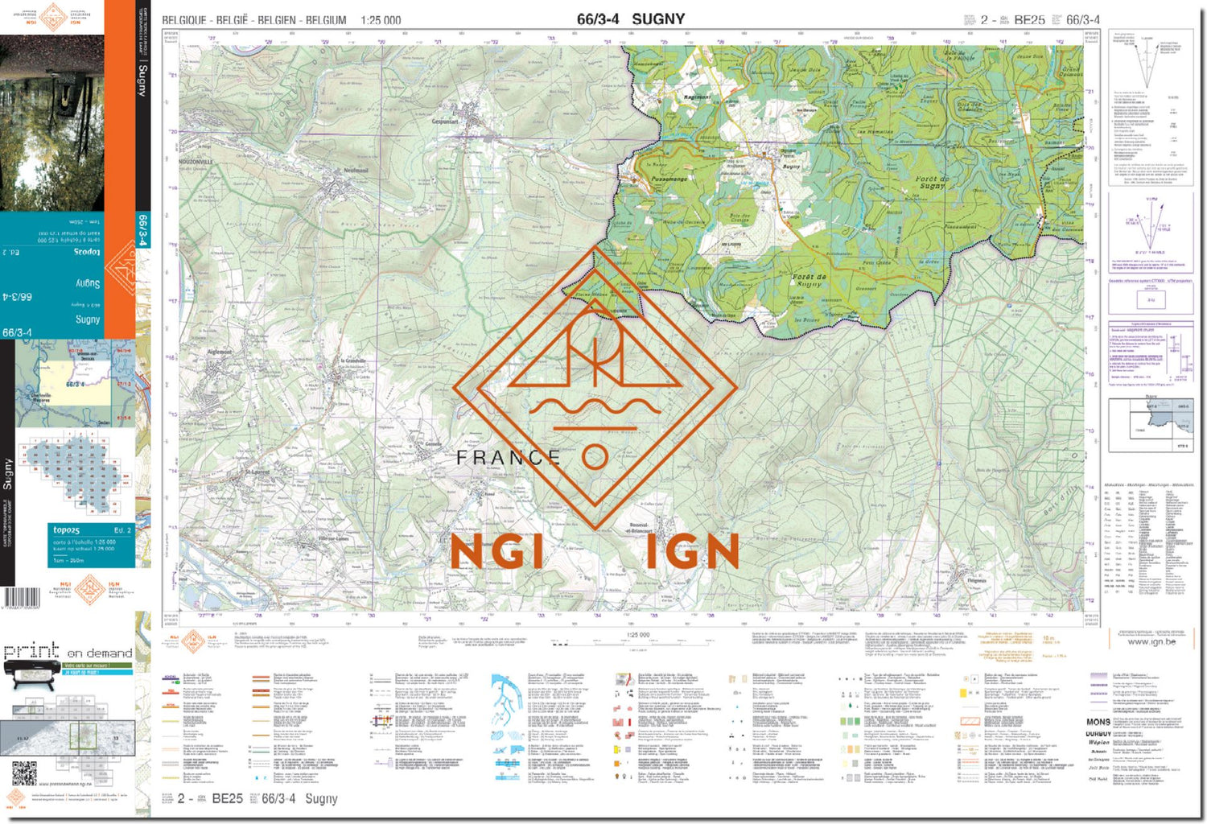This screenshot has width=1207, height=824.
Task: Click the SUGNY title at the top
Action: (657, 19)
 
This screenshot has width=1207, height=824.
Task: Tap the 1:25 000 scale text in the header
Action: (381, 20)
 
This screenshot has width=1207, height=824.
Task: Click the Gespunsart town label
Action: (444, 122)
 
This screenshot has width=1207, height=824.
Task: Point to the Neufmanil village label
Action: (355, 171)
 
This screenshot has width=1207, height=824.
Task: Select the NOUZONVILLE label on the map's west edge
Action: (196, 161)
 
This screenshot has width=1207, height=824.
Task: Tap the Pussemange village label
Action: (669, 179)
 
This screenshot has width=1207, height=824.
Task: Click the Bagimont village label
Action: (697, 97)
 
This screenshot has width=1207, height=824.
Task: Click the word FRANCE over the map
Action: (508, 458)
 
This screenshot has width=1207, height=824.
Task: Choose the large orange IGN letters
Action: (693, 552)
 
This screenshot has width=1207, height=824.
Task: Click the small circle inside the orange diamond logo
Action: (594, 457)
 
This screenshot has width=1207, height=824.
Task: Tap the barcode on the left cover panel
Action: (22, 598)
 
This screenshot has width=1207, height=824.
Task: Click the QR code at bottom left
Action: (24, 773)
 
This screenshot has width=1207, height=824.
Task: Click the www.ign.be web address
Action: (1151, 641)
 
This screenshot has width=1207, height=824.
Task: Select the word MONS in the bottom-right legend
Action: (1098, 722)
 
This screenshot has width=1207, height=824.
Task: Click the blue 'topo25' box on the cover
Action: (90, 545)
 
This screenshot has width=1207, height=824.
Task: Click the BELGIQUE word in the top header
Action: (184, 20)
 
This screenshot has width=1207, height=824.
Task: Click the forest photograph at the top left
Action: (51, 121)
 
